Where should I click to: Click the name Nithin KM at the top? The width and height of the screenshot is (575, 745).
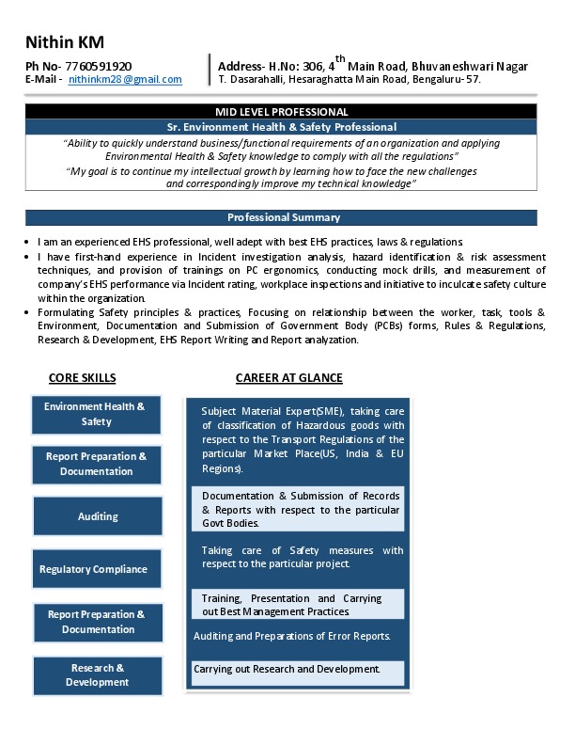tap(65, 42)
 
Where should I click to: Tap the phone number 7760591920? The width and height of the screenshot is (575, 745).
tap(99, 66)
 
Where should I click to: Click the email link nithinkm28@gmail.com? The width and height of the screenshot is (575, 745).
tap(125, 80)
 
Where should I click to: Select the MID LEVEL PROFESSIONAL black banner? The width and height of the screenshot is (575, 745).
tap(281, 112)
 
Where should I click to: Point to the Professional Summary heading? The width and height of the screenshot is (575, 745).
tap(281, 218)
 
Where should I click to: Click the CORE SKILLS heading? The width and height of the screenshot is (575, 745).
tap(82, 378)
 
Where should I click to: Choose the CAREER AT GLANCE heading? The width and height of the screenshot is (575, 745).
tap(288, 378)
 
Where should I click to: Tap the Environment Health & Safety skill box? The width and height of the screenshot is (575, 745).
tap(96, 415)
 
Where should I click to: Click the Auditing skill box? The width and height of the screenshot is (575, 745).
tap(98, 516)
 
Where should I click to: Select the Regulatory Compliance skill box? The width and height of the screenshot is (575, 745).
tap(93, 569)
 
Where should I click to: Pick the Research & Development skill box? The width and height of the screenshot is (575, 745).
tap(98, 675)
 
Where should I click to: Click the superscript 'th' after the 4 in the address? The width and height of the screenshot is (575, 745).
tap(340, 58)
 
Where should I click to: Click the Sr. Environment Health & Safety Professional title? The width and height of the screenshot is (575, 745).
tap(281, 127)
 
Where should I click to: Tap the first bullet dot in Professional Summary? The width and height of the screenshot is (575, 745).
tap(30, 243)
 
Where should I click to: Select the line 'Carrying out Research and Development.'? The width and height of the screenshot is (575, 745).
tap(287, 670)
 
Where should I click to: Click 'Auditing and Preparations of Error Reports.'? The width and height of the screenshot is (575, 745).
tap(291, 637)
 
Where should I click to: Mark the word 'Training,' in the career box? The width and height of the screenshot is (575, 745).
tap(223, 598)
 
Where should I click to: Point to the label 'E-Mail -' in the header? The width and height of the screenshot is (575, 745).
tap(44, 80)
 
